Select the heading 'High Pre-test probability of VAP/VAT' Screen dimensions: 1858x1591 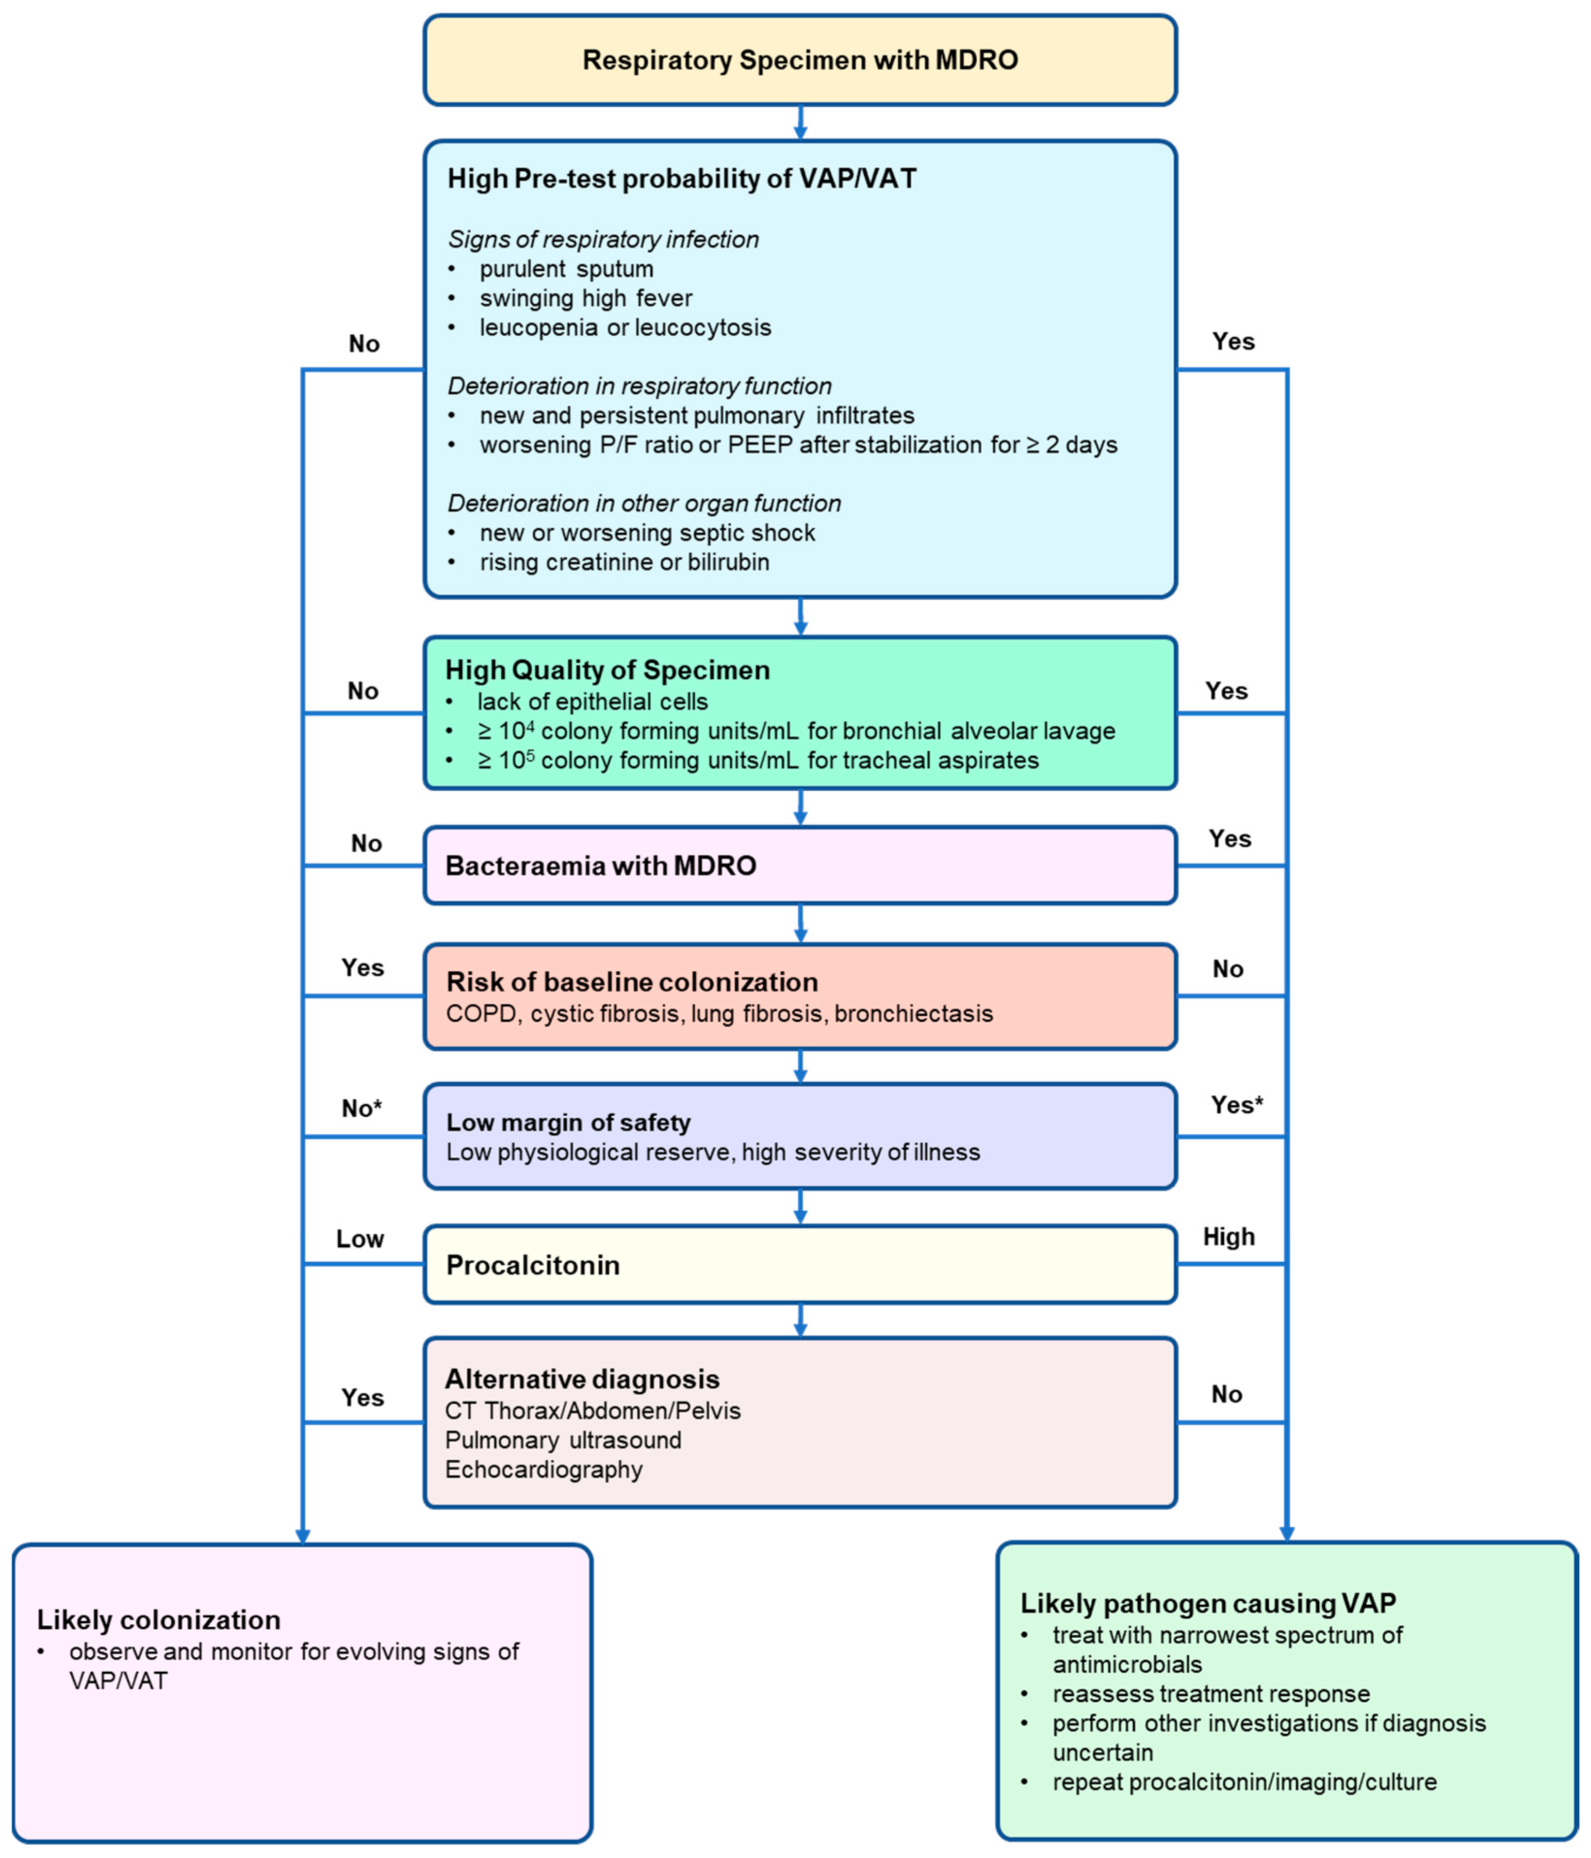pos(682,179)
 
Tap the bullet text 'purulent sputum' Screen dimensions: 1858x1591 pos(566,269)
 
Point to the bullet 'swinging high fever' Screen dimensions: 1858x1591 pos(586,299)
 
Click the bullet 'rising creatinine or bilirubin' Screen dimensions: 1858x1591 pos(624,562)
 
